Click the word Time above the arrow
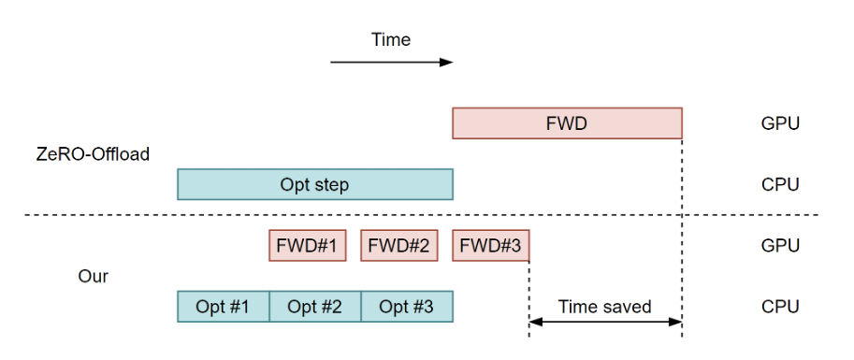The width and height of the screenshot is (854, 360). (x=391, y=39)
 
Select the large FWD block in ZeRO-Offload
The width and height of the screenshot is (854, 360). (x=567, y=122)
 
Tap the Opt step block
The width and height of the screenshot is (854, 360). (x=314, y=184)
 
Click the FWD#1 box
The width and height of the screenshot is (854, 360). (x=307, y=246)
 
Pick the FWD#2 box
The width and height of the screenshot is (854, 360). (x=398, y=246)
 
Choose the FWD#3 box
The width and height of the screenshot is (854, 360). (x=490, y=246)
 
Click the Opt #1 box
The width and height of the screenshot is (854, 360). (x=223, y=307)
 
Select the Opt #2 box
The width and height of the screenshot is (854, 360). (x=314, y=307)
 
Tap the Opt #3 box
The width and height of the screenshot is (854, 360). (x=406, y=307)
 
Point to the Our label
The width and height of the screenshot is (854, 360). (x=94, y=277)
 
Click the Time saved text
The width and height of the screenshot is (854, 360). (x=604, y=306)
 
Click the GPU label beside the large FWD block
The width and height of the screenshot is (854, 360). (x=780, y=122)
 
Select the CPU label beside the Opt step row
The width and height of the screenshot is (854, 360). (x=780, y=184)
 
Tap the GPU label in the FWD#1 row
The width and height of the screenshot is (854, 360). (x=780, y=246)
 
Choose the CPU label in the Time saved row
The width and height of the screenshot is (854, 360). (x=780, y=307)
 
